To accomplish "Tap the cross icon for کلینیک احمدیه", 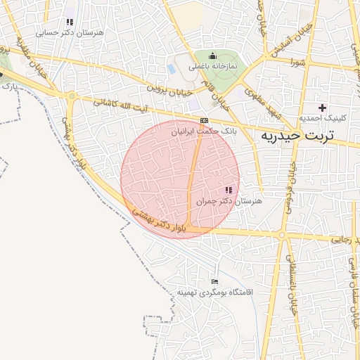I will (x=323, y=108).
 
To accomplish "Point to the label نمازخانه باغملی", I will (x=214, y=66).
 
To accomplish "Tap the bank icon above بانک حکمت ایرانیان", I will (x=203, y=120).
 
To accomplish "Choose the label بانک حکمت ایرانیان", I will (x=203, y=131).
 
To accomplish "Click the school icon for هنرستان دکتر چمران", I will (x=228, y=190).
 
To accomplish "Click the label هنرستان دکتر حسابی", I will (x=69, y=32).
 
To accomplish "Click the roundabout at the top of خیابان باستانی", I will (x=282, y=235).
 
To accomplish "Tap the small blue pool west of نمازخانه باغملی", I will (x=172, y=69).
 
